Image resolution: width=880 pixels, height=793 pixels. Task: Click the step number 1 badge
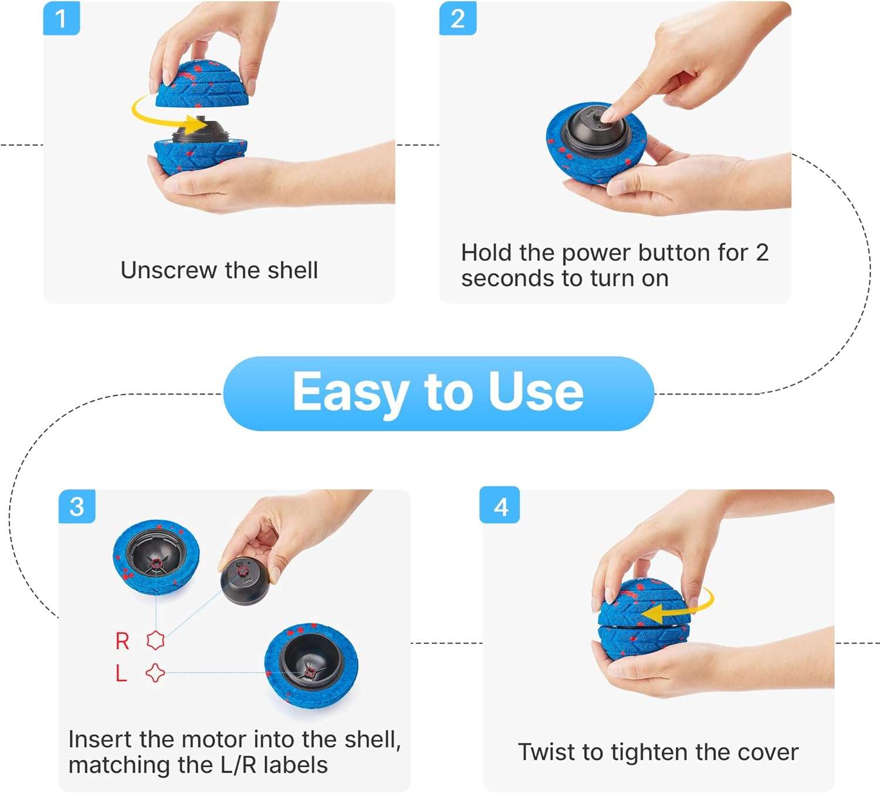tap(61, 18)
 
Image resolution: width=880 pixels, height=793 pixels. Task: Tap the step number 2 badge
tap(458, 18)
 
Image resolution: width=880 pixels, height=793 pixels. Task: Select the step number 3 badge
tap(77, 506)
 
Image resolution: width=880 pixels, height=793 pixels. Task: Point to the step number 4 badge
tap(500, 506)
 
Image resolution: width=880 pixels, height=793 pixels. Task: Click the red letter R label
tap(122, 641)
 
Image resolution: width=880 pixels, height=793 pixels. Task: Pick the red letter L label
tap(121, 673)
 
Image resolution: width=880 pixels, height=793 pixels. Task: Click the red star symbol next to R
tap(155, 640)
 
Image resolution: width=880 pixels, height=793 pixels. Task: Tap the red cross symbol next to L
tap(155, 673)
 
